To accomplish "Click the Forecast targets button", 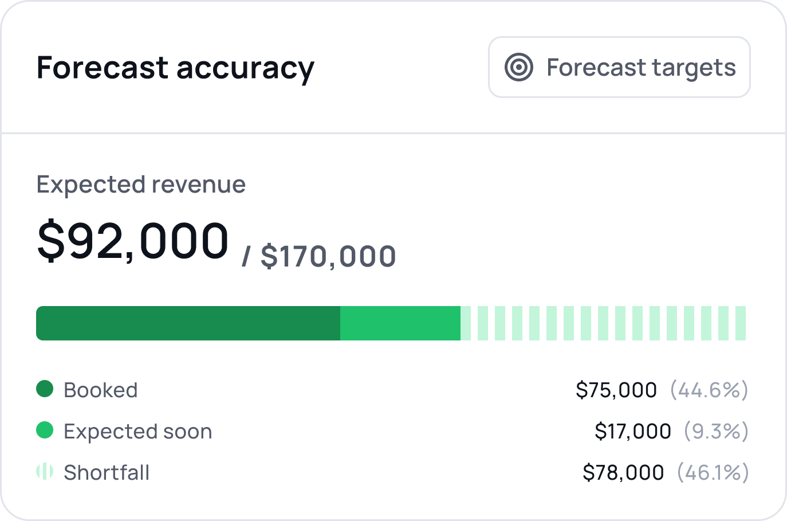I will pos(619,67).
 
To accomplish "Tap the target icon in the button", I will pos(519,67).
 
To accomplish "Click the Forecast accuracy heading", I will pos(175,68).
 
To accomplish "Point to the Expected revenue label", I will pos(141,185).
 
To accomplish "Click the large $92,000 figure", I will pos(133,241).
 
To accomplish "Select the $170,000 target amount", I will pos(328,256).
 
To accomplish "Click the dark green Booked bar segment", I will pos(188,323).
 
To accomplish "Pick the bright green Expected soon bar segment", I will pos(400,323).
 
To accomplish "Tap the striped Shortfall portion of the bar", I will pos(603,323).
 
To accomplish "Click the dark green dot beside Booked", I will pos(45,389).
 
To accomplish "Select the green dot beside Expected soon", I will pos(45,430).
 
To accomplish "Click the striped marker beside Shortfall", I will pos(45,472).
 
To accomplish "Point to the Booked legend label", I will pos(101,390).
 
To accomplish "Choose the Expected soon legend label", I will pos(138,432).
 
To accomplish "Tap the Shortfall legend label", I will pos(107,473).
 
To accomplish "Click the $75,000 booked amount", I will pos(616,390).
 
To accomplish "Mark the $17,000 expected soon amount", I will pos(633,432).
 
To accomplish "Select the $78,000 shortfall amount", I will pos(623,473).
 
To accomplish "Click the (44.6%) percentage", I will pos(709,390).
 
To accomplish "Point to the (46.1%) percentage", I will pos(713,473).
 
